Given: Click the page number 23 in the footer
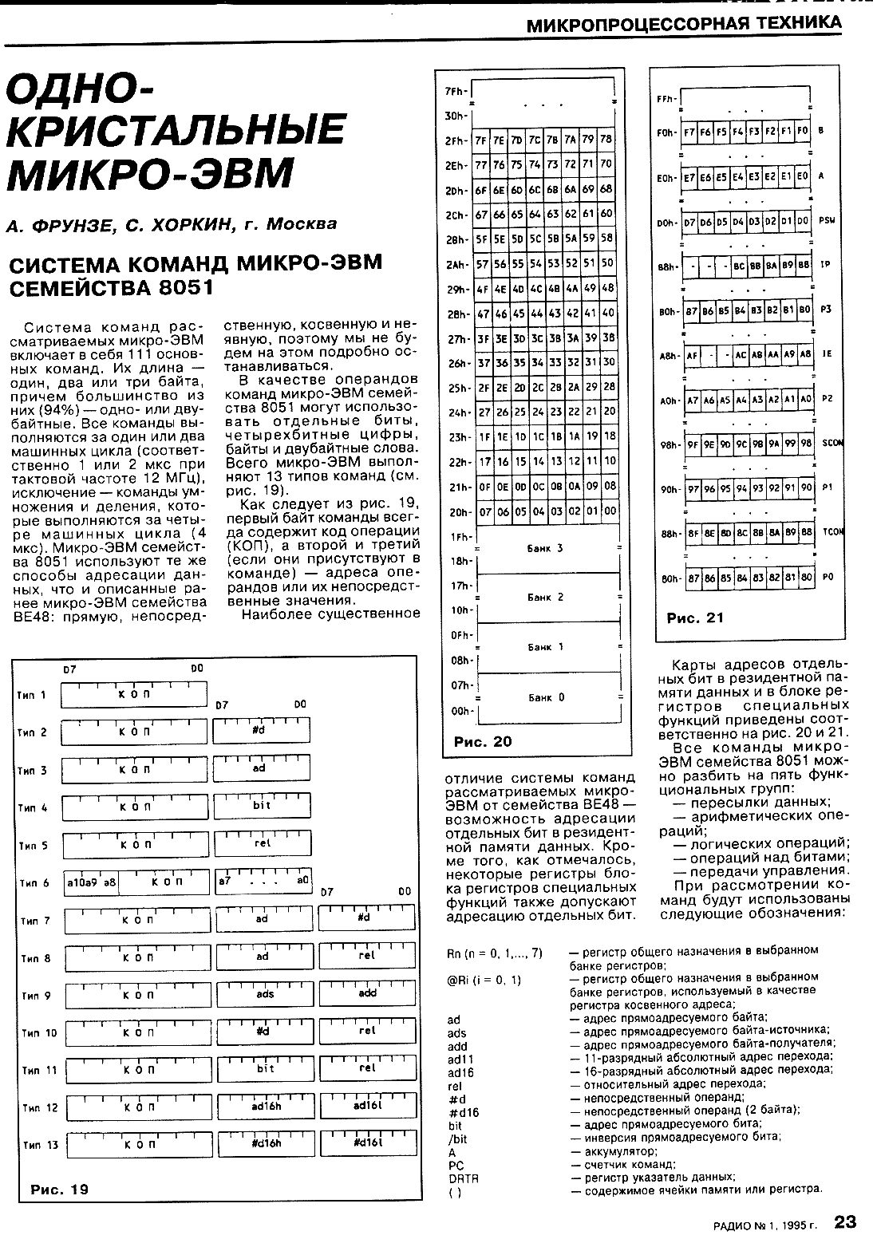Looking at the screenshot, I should (845, 1221).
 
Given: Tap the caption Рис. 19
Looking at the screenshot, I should (59, 1190).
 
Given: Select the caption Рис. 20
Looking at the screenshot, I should (483, 741).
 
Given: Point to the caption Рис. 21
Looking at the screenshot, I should (695, 617).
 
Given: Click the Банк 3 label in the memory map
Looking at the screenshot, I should (546, 548).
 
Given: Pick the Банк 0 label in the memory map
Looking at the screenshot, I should (546, 697).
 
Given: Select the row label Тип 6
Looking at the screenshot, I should (34, 883).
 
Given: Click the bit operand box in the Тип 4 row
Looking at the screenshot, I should (263, 807).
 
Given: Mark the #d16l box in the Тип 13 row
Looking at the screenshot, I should (367, 1144).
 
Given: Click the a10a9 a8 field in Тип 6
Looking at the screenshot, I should (92, 883).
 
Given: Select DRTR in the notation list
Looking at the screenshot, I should (463, 1178).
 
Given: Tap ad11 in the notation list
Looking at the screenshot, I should (460, 1059).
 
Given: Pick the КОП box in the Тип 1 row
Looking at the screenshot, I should (134, 695).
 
